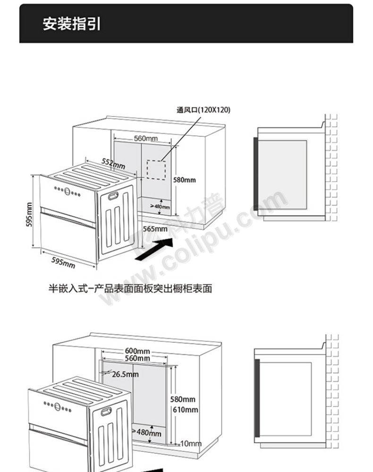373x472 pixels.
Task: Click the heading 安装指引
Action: [72, 24]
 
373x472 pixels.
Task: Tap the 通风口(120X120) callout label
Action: [203, 110]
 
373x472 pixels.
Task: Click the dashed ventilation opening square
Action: [156, 170]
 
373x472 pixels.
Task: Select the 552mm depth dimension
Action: [113, 163]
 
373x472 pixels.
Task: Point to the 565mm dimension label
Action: [155, 229]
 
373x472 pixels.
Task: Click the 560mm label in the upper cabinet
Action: [146, 138]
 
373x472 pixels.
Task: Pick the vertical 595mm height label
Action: [29, 215]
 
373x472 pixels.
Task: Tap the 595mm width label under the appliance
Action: [63, 262]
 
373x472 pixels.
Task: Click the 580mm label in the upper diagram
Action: [185, 180]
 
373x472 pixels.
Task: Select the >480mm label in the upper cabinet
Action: [160, 207]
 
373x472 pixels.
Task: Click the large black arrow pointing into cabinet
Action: [154, 249]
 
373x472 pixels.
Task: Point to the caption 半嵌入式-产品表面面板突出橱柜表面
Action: [130, 288]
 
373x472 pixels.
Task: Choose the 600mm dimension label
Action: [137, 351]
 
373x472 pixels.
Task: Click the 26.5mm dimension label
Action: [125, 374]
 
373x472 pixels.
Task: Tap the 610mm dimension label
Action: [186, 410]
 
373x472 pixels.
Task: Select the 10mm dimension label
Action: [191, 443]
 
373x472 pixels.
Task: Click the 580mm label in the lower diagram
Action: [183, 399]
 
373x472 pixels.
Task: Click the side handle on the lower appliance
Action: [106, 412]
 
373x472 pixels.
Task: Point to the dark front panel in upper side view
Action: [255, 174]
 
